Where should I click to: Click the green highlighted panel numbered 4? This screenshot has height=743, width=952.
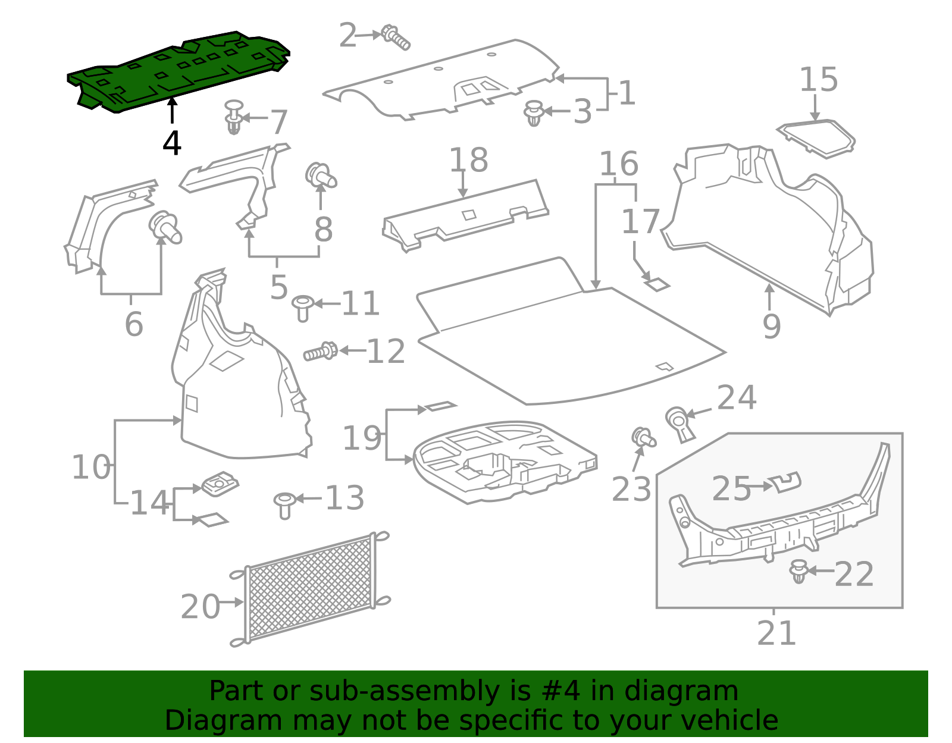(x=178, y=71)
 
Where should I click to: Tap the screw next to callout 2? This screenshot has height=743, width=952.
(x=395, y=37)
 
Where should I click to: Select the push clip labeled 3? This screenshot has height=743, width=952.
(x=534, y=113)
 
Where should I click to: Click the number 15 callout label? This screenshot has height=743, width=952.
(x=818, y=80)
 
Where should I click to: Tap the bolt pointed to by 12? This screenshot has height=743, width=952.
(x=321, y=352)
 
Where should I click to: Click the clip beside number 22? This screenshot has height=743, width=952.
(x=798, y=571)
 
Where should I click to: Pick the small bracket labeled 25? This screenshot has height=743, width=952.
(x=785, y=482)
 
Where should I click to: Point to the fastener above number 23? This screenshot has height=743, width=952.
(x=643, y=438)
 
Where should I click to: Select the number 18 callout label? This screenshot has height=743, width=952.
(x=468, y=160)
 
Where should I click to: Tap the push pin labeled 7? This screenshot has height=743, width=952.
(x=234, y=117)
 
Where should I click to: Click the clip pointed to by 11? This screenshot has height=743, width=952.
(x=303, y=308)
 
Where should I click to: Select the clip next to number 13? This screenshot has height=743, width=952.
(x=284, y=504)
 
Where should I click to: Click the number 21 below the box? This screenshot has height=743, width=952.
(x=776, y=634)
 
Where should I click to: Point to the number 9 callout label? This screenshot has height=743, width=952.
(x=771, y=326)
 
